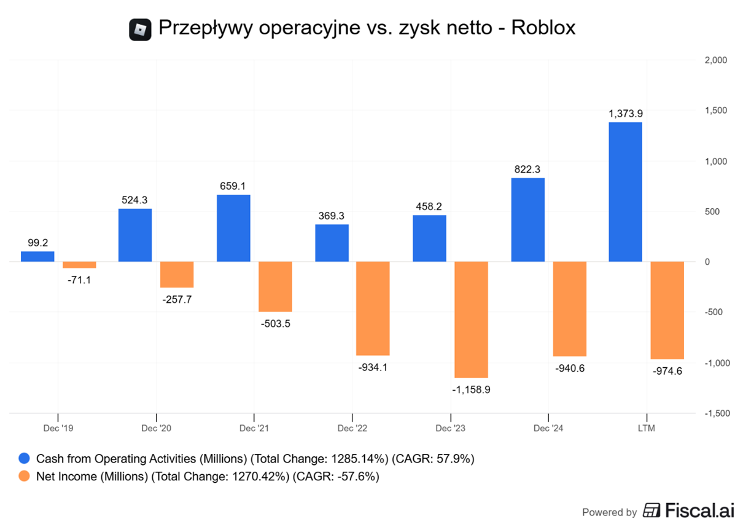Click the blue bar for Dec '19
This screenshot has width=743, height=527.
click(37, 256)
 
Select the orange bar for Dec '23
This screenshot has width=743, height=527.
click(471, 319)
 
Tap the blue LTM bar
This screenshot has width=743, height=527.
click(625, 192)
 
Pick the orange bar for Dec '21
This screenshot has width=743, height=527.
click(275, 286)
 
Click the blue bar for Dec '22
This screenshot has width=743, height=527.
click(332, 243)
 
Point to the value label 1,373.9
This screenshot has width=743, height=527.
click(625, 114)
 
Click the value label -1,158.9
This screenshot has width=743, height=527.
click(471, 389)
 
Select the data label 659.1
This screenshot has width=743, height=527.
click(233, 185)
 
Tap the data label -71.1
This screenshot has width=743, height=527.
click(79, 280)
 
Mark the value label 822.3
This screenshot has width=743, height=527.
click(527, 169)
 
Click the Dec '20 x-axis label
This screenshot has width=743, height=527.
click(157, 428)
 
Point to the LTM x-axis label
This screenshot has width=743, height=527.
click(646, 428)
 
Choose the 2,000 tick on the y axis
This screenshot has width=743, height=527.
click(715, 60)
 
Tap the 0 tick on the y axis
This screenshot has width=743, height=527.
click(707, 262)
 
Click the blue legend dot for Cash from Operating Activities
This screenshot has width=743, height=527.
click(24, 459)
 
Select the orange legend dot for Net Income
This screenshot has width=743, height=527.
click(24, 476)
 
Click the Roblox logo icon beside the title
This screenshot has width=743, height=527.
click(140, 29)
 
